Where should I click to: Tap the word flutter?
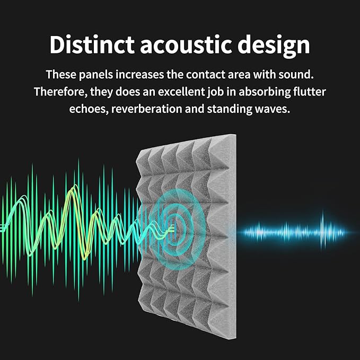tap(311, 92)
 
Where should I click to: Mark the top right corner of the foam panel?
tap(235, 135)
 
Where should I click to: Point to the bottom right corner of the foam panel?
tap(235, 323)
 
